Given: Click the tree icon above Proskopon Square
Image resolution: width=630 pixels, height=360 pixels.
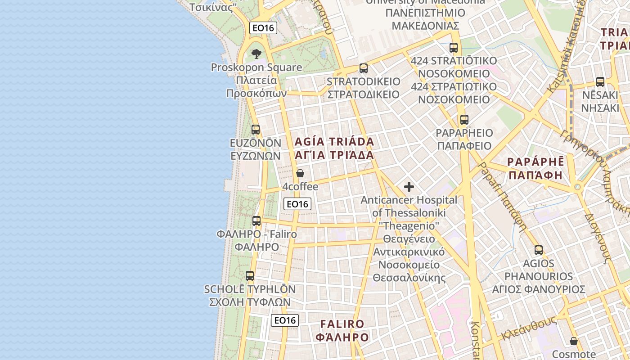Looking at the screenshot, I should tap(256, 54).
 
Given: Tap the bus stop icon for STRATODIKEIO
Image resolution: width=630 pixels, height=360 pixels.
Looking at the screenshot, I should tap(364, 68).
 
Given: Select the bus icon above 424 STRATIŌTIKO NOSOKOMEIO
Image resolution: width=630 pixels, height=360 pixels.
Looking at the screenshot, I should tap(454, 47).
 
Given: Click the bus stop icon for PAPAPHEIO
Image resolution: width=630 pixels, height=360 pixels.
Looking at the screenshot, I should tap(464, 120).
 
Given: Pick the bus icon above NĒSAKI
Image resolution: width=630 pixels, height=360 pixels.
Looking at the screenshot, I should tap(600, 81).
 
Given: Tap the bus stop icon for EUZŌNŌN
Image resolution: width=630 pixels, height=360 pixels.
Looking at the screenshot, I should tap(256, 130).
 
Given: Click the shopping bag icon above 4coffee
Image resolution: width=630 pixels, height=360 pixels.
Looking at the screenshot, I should tap(300, 173).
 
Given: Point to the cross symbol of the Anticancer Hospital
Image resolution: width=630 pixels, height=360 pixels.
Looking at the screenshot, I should tap(409, 186).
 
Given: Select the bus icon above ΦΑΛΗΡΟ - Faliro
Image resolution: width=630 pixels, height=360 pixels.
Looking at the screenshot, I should tap(256, 221).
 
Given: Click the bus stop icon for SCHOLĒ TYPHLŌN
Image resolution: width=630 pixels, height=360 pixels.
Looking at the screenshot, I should tap(250, 276).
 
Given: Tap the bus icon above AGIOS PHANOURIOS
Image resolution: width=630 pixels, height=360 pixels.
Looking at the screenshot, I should tap(539, 250).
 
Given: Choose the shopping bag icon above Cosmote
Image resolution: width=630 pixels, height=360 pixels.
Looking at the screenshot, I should tap(574, 341).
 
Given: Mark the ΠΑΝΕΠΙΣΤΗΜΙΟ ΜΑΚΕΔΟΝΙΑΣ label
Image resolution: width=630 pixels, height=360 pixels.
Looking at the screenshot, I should tap(425, 19).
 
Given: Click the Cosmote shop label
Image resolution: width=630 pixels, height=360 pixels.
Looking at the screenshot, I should tap(574, 354).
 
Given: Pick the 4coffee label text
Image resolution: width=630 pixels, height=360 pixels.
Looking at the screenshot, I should tap(300, 186).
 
